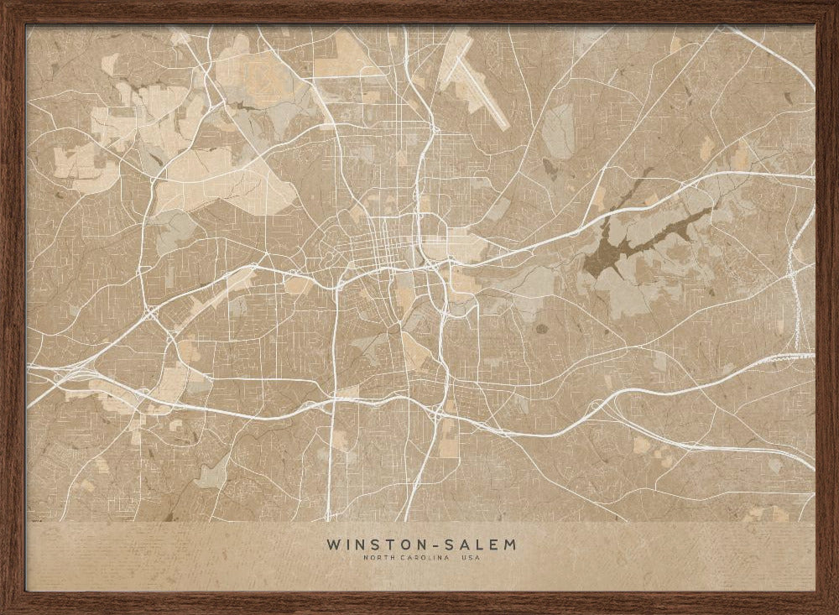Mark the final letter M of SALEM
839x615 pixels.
point(509,545)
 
